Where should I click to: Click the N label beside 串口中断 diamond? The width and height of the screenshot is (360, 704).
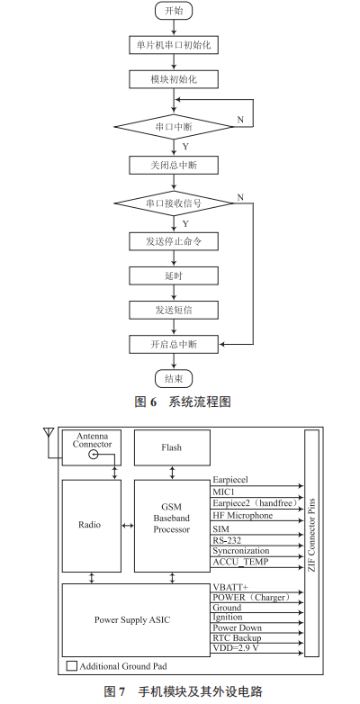[239, 119]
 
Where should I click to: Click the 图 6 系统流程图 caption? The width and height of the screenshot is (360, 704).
[179, 402]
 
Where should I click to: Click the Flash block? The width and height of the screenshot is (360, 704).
[171, 447]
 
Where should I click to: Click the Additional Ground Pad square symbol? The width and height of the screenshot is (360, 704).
[72, 667]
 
